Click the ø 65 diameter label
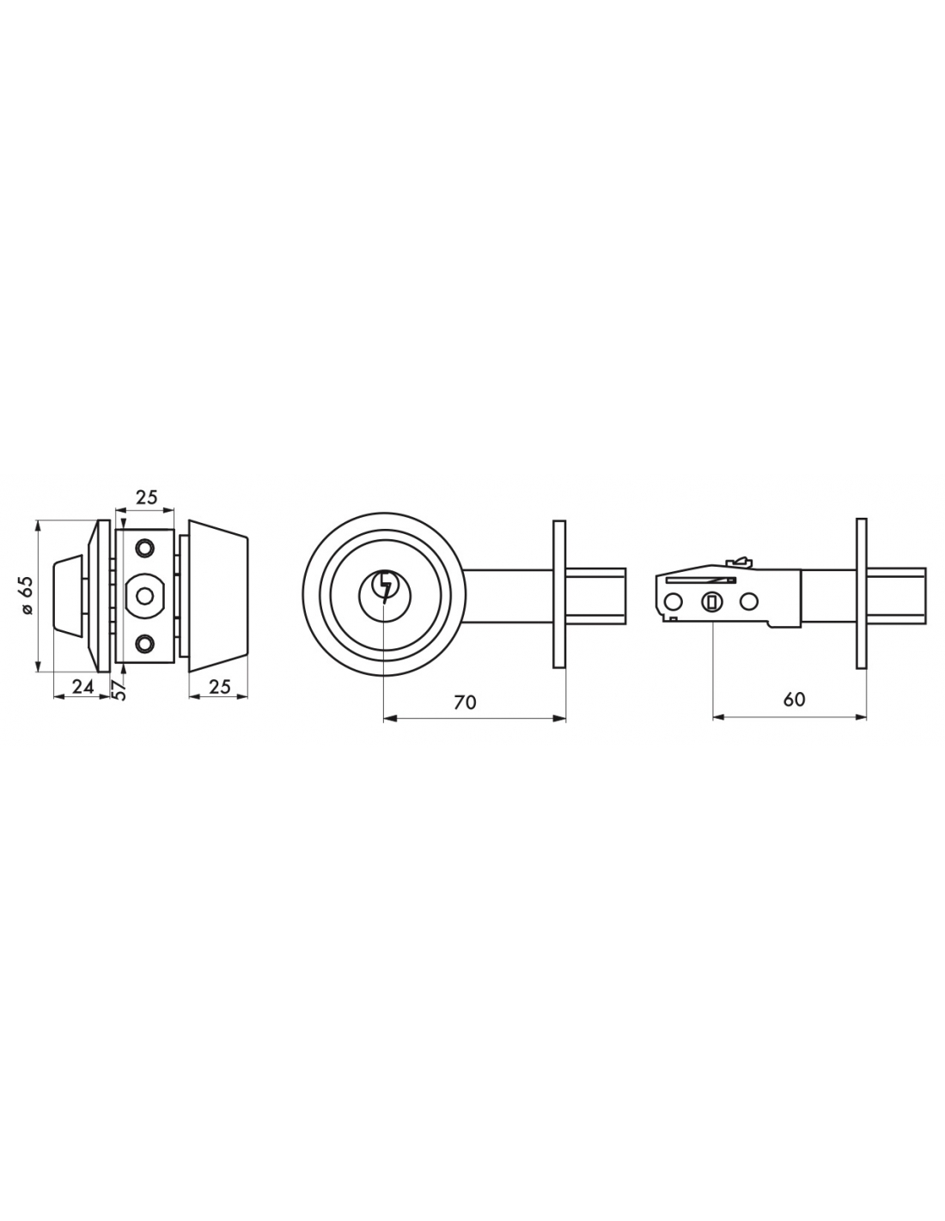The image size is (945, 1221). [27, 595]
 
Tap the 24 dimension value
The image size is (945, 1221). [82, 686]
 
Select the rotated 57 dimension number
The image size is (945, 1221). [120, 690]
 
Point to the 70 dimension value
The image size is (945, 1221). [465, 702]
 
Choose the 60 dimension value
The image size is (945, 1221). [794, 699]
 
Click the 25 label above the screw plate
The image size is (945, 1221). [146, 497]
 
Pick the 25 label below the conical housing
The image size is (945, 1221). [219, 686]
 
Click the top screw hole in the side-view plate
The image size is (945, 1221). [145, 547]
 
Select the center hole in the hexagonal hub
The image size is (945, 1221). [145, 595]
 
